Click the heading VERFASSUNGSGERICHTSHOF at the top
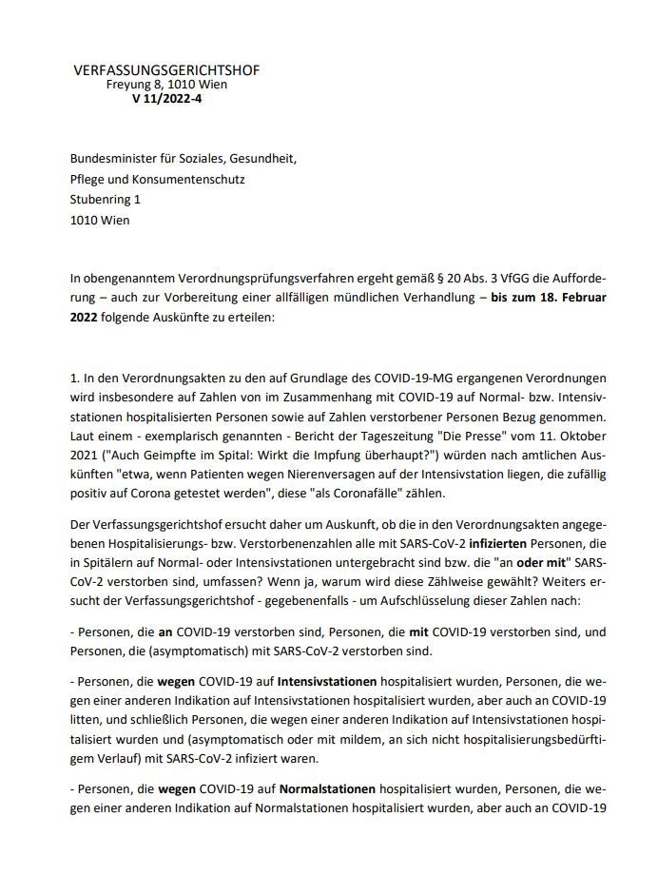[x=165, y=70]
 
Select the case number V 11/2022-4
[x=166, y=97]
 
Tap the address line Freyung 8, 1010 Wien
[x=166, y=84]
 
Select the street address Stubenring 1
[x=105, y=200]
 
